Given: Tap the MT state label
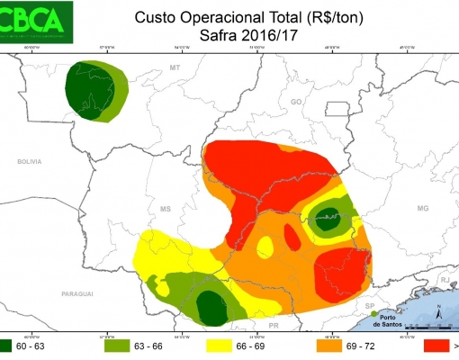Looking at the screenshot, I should point(175,67).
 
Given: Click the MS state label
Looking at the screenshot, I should point(166,209).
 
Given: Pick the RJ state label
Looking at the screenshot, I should point(444,281).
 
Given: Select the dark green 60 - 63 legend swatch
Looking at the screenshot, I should point(11,344).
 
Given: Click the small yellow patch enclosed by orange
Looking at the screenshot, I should point(266,247).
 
